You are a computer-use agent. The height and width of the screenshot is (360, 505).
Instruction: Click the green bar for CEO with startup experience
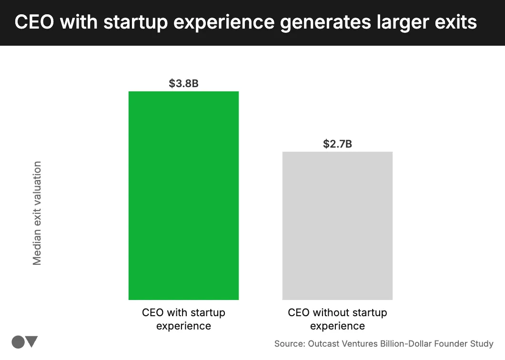pyautogui.click(x=183, y=195)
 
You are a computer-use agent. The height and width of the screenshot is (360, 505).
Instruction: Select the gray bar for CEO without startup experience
pyautogui.click(x=337, y=226)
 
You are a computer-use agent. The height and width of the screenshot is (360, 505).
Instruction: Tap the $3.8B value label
pyautogui.click(x=183, y=83)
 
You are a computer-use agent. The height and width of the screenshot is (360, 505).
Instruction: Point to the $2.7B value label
pyautogui.click(x=337, y=144)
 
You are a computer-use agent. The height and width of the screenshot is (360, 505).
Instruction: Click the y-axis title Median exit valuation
pyautogui.click(x=37, y=213)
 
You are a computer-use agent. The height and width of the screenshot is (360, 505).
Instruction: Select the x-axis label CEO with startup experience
pyautogui.click(x=183, y=319)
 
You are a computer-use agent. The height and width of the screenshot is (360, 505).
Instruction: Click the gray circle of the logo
pyautogui.click(x=18, y=342)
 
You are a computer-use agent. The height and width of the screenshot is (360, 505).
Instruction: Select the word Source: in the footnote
pyautogui.click(x=290, y=343)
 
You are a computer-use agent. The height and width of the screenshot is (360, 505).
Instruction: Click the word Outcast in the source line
pyautogui.click(x=324, y=343)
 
